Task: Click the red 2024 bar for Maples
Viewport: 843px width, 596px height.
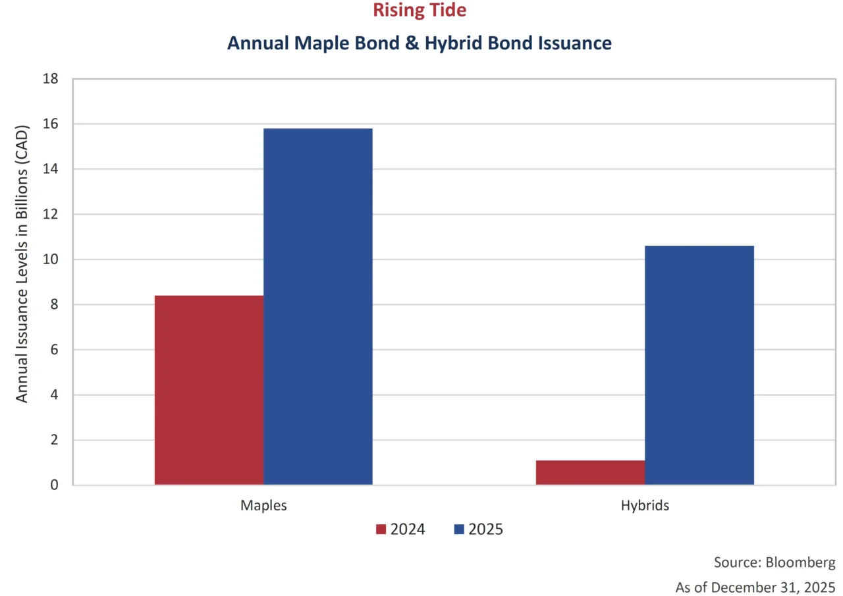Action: pos(209,390)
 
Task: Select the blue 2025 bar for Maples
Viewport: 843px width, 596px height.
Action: pos(318,306)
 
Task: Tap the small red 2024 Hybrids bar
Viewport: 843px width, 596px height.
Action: pos(590,472)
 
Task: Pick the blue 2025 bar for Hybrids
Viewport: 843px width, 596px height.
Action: pos(699,365)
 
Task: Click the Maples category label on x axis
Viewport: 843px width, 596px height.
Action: pos(263,506)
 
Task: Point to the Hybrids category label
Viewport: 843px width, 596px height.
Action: pos(645,506)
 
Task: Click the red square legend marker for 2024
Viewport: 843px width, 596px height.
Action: pos(381,529)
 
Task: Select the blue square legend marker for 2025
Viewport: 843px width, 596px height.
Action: pos(459,529)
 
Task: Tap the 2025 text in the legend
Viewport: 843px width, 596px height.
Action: pos(485,529)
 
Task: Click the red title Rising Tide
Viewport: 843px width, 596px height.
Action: pos(420,11)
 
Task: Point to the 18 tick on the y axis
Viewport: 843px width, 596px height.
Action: pos(51,79)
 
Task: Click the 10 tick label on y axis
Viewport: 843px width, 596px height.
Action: pos(51,259)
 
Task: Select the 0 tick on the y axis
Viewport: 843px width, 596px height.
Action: pos(55,485)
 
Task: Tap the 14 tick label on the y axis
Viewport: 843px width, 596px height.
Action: pos(51,169)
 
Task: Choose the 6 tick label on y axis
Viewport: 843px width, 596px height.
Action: pos(55,350)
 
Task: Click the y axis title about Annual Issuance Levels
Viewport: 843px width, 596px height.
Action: pos(22,263)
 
